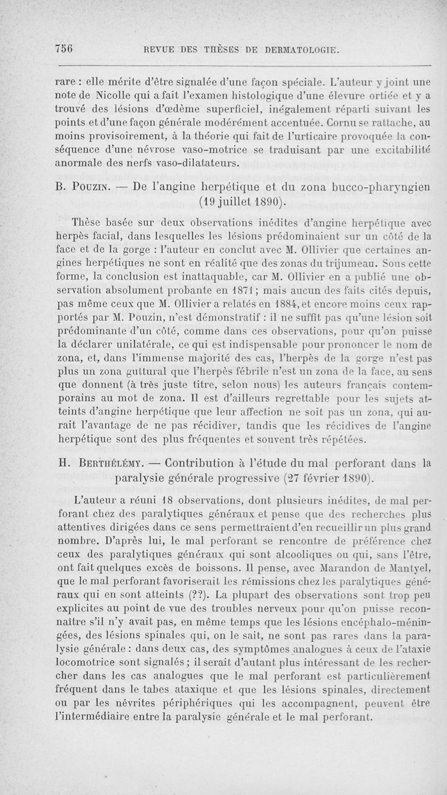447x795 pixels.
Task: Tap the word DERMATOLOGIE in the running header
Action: tap(299, 49)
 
